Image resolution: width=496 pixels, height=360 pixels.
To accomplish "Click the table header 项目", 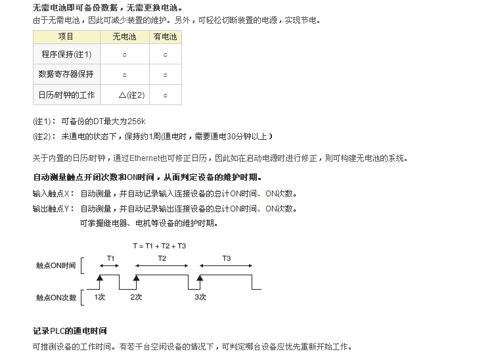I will pyautogui.click(x=66, y=37).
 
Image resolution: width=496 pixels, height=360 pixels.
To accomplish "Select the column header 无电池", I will pyautogui.click(x=124, y=37).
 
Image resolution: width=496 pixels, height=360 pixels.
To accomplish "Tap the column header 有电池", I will pyautogui.click(x=165, y=37).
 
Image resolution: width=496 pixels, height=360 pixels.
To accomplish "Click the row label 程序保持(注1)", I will pyautogui.click(x=66, y=55).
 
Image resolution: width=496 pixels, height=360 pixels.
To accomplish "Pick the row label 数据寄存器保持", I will pyautogui.click(x=66, y=74).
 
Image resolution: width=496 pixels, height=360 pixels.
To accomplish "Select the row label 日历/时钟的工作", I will pyautogui.click(x=66, y=95).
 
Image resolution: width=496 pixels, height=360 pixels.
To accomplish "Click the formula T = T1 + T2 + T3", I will pyautogui.click(x=159, y=246).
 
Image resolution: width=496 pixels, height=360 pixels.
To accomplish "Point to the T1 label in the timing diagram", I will pyautogui.click(x=111, y=258).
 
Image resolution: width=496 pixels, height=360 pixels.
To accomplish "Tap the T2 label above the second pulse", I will pyautogui.click(x=162, y=258).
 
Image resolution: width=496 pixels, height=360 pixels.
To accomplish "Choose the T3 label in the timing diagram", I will pyautogui.click(x=226, y=258).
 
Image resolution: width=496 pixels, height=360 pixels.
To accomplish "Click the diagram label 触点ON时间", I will pyautogui.click(x=56, y=266).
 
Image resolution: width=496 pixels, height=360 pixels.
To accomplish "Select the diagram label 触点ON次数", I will pyautogui.click(x=56, y=298).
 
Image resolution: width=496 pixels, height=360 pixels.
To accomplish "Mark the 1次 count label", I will pyautogui.click(x=100, y=297).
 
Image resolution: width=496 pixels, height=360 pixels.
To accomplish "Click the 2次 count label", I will pyautogui.click(x=136, y=297).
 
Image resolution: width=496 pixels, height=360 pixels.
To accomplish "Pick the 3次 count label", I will pyautogui.click(x=200, y=297).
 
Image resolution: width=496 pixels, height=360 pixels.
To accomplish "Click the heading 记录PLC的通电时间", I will pyautogui.click(x=70, y=330).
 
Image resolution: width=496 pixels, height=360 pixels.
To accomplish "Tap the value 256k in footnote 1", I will pyautogui.click(x=137, y=122).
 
